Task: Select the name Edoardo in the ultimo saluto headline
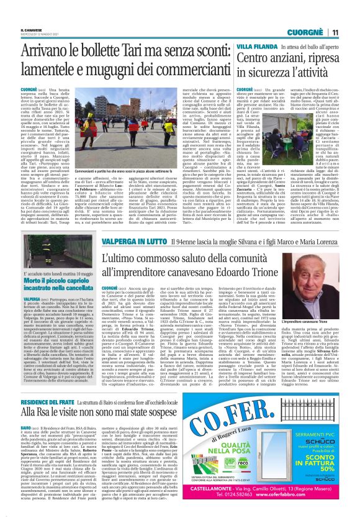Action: click(x=254, y=251)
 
